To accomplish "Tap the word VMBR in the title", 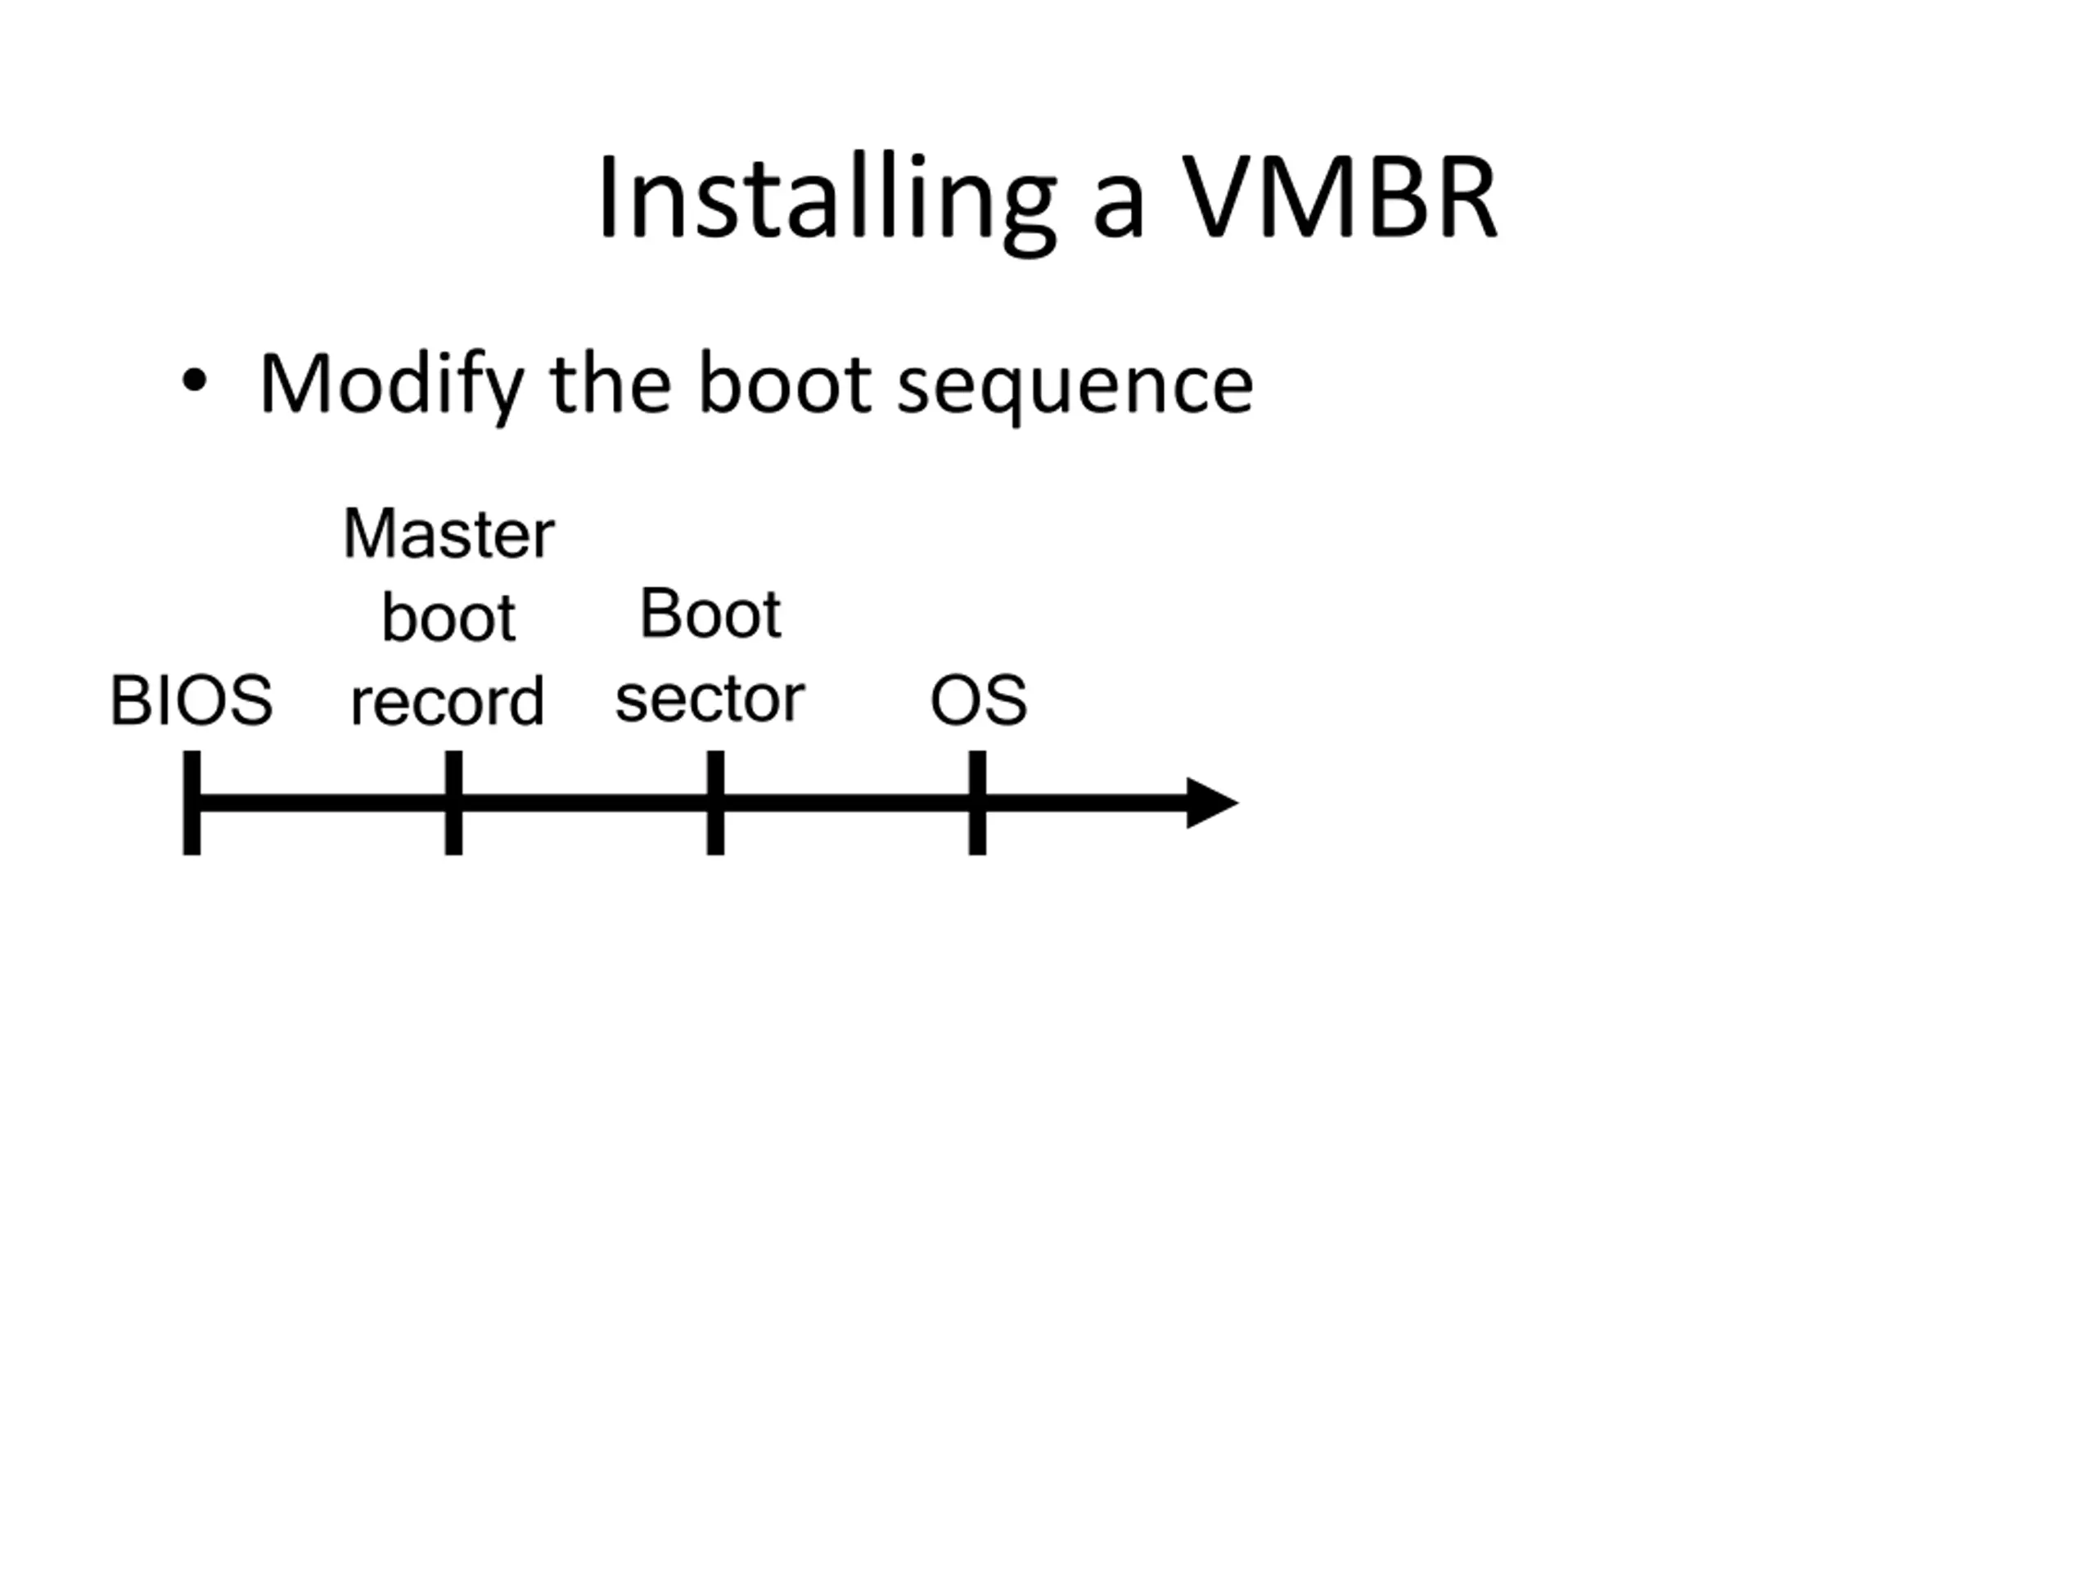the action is (x=1340, y=196).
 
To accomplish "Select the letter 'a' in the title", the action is (x=1119, y=209).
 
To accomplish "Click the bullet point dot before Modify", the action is (x=194, y=380).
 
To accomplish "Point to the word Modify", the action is (x=391, y=385).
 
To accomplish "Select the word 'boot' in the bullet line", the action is (x=785, y=384).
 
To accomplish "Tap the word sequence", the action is (x=1075, y=389).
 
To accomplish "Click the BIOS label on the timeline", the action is (x=191, y=700).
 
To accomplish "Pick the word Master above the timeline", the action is (x=449, y=534).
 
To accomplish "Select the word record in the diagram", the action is (x=447, y=700).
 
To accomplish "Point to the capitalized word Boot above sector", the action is (x=710, y=614).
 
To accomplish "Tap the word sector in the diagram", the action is (x=710, y=699).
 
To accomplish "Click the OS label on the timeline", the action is (x=979, y=700).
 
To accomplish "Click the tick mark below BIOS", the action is (x=191, y=803).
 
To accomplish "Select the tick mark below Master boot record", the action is (x=453, y=803).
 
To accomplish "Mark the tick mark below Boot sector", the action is (x=715, y=803).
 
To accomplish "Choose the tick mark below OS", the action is (x=977, y=803).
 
